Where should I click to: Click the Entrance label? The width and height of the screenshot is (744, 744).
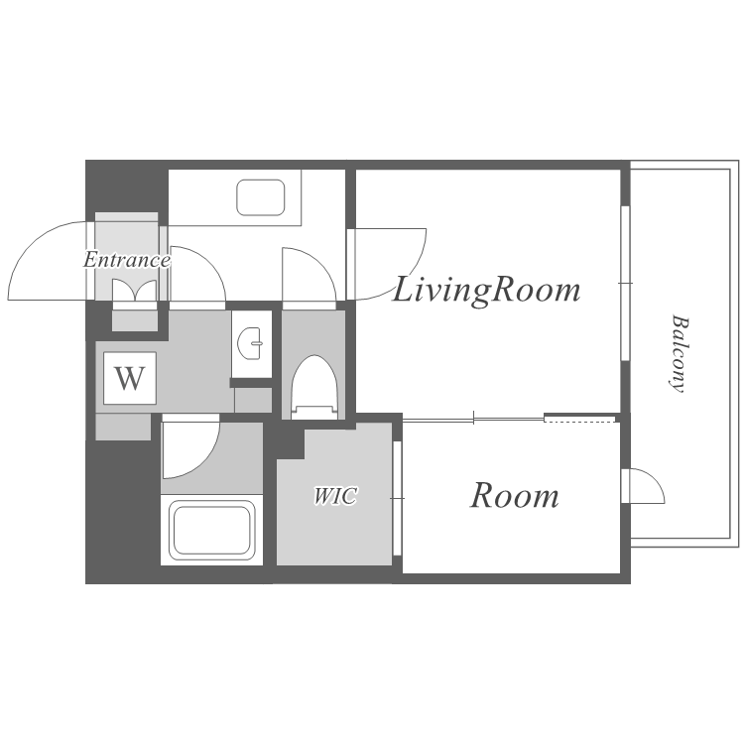[127, 260]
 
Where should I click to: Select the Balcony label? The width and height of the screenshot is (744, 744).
[680, 354]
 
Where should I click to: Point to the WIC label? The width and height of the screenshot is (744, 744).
[335, 496]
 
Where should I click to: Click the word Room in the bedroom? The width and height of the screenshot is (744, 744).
[514, 495]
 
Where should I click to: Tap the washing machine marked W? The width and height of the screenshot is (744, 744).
[130, 378]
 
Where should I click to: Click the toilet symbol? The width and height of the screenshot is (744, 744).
[313, 387]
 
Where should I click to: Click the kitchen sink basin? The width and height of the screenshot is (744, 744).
[261, 197]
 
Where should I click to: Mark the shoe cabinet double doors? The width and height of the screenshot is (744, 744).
[134, 291]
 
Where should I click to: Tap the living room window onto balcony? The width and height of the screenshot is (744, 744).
[625, 283]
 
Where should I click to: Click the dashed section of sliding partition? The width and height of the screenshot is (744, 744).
[579, 419]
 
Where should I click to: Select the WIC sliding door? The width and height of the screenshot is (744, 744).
[398, 498]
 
